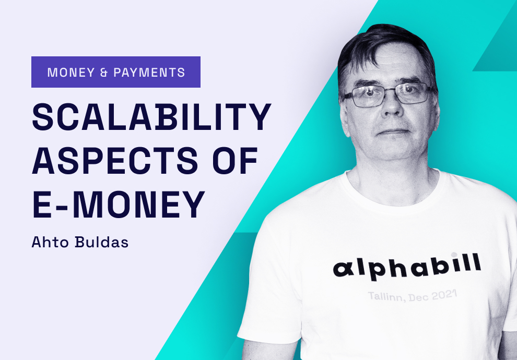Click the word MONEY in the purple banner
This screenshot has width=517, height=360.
[71, 73]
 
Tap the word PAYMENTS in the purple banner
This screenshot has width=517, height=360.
[149, 73]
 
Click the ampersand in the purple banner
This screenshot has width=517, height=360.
[104, 73]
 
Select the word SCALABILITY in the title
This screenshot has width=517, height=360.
[151, 117]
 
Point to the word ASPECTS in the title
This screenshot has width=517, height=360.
[115, 160]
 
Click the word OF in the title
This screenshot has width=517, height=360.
[235, 160]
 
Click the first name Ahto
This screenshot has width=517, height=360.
[50, 242]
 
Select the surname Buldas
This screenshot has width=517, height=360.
[101, 242]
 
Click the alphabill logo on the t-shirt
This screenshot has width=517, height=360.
[407, 266]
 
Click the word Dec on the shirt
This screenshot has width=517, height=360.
[418, 297]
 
